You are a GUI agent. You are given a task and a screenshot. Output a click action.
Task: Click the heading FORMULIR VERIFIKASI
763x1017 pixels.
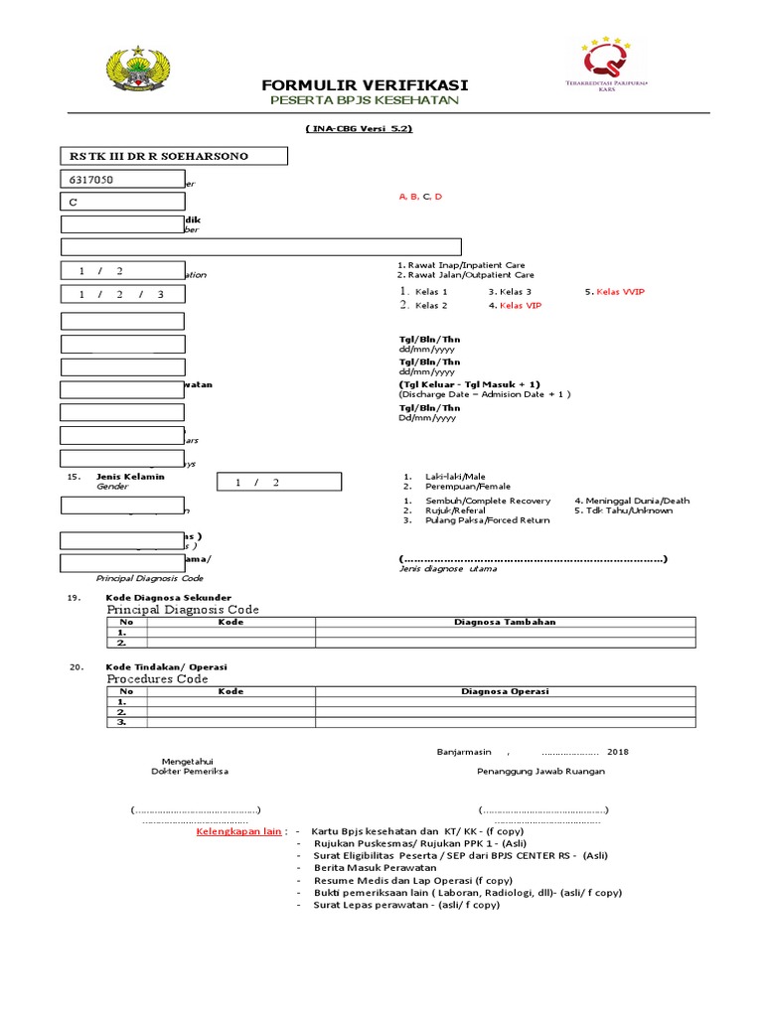[x=365, y=85]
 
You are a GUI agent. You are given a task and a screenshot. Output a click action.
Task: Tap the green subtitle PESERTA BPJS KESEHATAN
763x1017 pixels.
[x=365, y=101]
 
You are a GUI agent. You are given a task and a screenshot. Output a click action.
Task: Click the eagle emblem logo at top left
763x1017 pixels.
[x=138, y=73]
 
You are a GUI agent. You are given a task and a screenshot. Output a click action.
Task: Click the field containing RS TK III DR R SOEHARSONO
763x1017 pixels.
[x=175, y=156]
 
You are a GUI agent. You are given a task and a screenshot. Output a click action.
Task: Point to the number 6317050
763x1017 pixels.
[x=91, y=180]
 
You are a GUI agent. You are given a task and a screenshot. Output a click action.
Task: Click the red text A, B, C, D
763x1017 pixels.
[x=420, y=197]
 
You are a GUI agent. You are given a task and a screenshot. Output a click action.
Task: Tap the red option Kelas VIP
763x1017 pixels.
[x=515, y=306]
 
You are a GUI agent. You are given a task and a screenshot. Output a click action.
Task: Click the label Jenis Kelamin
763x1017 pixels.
[x=130, y=477]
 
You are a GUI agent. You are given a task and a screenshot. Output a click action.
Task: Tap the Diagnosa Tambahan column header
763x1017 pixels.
[x=505, y=622]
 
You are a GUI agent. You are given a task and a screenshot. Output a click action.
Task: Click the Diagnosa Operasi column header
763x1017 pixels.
[x=505, y=691]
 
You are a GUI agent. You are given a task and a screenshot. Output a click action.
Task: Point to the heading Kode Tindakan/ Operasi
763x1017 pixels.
[x=167, y=666]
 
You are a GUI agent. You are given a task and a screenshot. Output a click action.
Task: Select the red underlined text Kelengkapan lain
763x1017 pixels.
[x=239, y=830]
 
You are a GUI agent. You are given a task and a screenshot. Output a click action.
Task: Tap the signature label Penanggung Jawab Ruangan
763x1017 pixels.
[x=540, y=771]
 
